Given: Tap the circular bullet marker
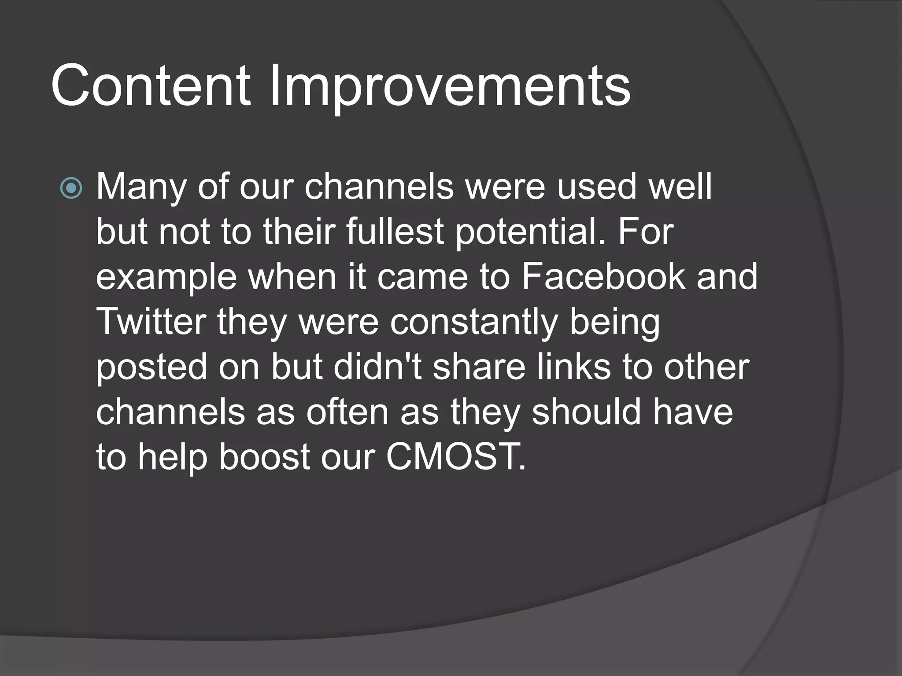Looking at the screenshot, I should [71, 188].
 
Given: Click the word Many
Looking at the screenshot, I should [141, 187].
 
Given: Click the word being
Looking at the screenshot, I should [615, 323].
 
